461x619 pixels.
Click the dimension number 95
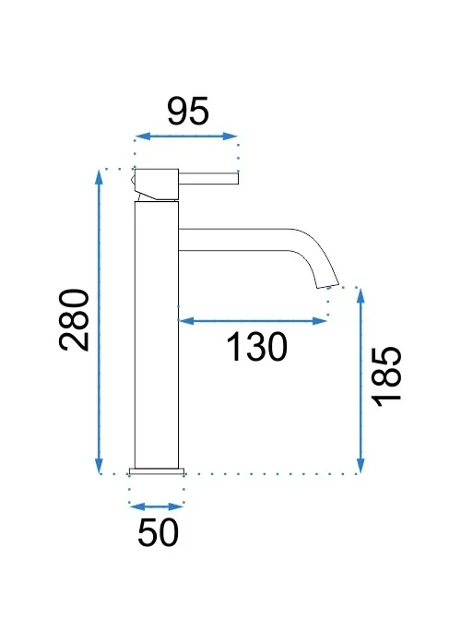pyautogui.click(x=188, y=111)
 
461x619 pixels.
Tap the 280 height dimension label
pyautogui.click(x=74, y=320)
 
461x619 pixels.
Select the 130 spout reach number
pyautogui.click(x=257, y=346)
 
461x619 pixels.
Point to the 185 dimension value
pyautogui.click(x=387, y=376)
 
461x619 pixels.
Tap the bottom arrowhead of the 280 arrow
pyautogui.click(x=99, y=465)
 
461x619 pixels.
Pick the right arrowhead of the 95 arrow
pyautogui.click(x=230, y=137)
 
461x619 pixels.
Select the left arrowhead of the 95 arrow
pyautogui.click(x=143, y=137)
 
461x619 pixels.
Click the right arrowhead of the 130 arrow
pyautogui.click(x=320, y=321)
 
